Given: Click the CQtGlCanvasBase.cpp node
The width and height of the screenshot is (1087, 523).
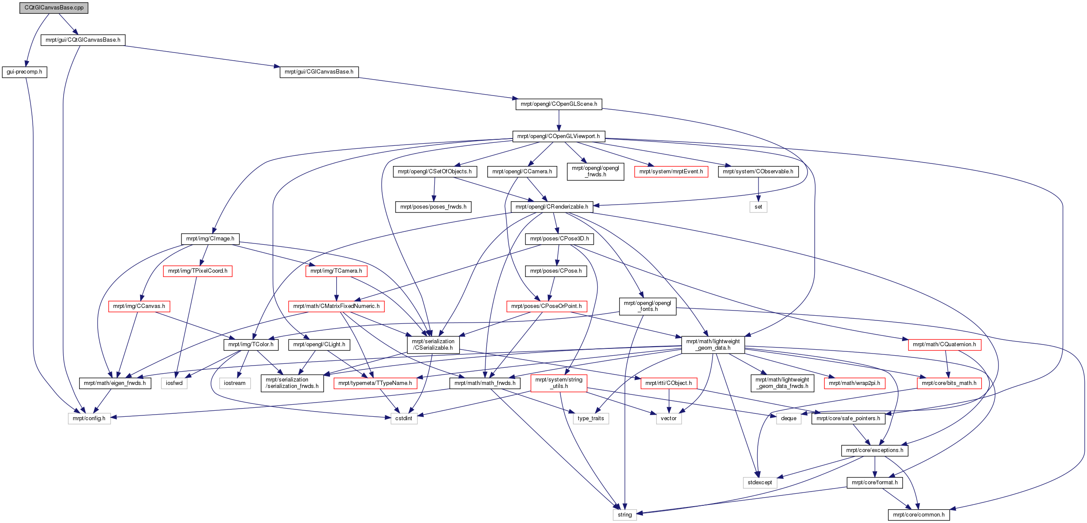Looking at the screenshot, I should (54, 8).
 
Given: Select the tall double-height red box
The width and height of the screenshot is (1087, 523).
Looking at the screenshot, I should (559, 383).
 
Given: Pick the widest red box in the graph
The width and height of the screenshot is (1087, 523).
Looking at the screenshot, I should (336, 306).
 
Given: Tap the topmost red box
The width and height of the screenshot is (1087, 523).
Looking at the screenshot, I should (671, 172).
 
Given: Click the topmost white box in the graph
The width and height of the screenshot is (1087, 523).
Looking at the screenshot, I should (758, 207).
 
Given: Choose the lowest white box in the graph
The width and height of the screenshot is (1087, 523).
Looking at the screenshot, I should (625, 515).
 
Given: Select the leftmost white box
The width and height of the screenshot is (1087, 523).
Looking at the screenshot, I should (89, 418).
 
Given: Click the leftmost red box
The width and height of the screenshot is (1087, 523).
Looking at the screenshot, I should (139, 306).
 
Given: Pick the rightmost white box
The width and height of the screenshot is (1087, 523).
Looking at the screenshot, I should (789, 418).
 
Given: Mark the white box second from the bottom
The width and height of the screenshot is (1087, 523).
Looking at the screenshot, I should (760, 483).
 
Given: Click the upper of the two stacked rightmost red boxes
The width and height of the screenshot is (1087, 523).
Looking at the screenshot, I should (945, 345).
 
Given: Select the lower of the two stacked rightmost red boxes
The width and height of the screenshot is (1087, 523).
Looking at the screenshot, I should (949, 383).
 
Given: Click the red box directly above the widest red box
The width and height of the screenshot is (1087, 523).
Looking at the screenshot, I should (336, 271).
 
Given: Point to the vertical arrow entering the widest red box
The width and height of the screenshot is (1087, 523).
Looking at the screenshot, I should (336, 289).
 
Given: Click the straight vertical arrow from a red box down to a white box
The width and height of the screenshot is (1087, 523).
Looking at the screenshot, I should (669, 401).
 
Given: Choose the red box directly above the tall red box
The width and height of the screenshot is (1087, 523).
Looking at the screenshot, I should (547, 306).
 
